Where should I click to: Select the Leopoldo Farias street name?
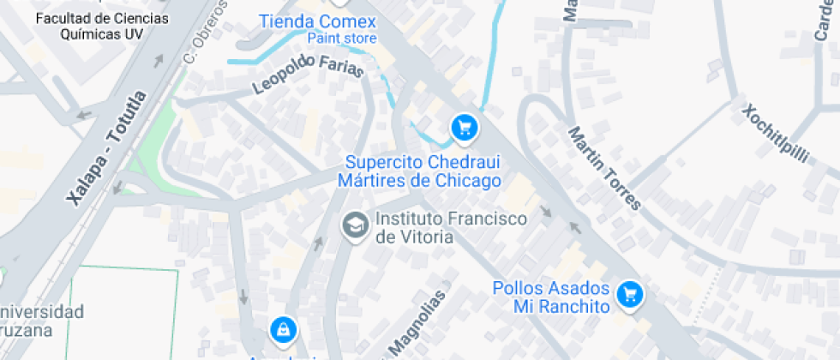(308, 74)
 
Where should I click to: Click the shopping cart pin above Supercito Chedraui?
(465, 129)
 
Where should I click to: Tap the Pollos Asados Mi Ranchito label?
(551, 297)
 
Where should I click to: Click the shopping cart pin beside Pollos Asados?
(631, 295)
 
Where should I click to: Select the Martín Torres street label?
(604, 168)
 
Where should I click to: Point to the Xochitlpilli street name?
(775, 134)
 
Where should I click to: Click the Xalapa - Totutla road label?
(107, 148)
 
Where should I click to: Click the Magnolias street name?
(418, 323)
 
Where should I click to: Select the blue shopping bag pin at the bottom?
(282, 328)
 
